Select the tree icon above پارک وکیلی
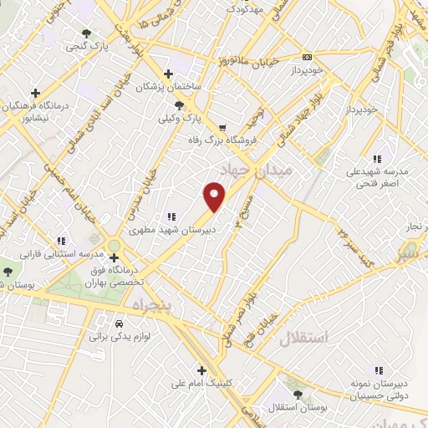pyautogui.click(x=179, y=104)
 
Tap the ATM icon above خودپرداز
pyautogui.click(x=307, y=57)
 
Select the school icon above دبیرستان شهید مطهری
pyautogui.click(x=172, y=215)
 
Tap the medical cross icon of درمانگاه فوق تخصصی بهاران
pyautogui.click(x=115, y=258)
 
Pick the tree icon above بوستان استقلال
pyautogui.click(x=296, y=394)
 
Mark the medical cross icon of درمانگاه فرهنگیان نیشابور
pyautogui.click(x=34, y=93)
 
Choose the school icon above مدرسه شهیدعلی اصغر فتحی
pyautogui.click(x=378, y=158)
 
